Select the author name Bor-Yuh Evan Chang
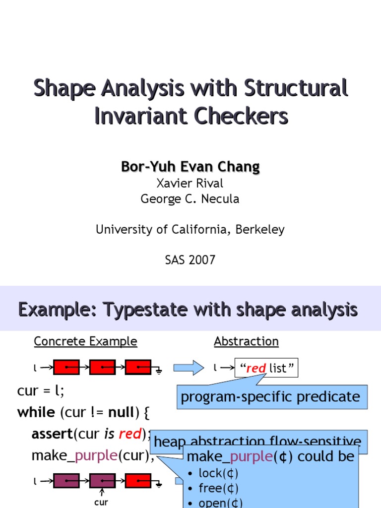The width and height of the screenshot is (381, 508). coord(190,167)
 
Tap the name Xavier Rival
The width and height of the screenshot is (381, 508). coord(190,183)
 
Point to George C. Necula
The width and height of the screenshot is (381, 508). coord(190,199)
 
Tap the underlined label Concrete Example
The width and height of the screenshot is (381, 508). coord(85,341)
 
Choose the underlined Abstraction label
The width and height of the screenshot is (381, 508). coord(246,341)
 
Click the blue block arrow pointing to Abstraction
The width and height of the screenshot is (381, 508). coord(189,368)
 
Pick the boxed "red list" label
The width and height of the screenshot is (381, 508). coord(266,368)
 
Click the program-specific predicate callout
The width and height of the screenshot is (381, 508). coord(270,396)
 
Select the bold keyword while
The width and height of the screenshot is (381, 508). coord(36,412)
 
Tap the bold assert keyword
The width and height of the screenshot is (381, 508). coord(52,434)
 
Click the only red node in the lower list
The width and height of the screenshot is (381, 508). coord(138,480)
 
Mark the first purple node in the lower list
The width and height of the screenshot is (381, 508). coord(66,480)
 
